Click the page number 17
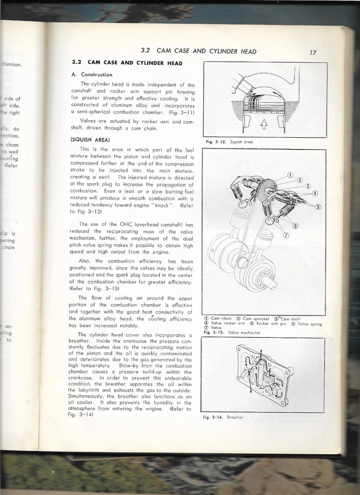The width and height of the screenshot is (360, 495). pyautogui.click(x=313, y=52)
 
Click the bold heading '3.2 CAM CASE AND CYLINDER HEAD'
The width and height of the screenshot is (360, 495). pyautogui.click(x=126, y=63)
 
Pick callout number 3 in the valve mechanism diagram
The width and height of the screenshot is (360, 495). pyautogui.click(x=307, y=186)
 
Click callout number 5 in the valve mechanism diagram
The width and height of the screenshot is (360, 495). pyautogui.click(x=318, y=207)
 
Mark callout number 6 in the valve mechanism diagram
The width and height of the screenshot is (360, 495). pyautogui.click(x=296, y=225)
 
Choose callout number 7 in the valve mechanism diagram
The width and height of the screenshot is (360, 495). pyautogui.click(x=286, y=235)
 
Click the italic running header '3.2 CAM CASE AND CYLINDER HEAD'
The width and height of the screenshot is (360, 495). pyautogui.click(x=199, y=51)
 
